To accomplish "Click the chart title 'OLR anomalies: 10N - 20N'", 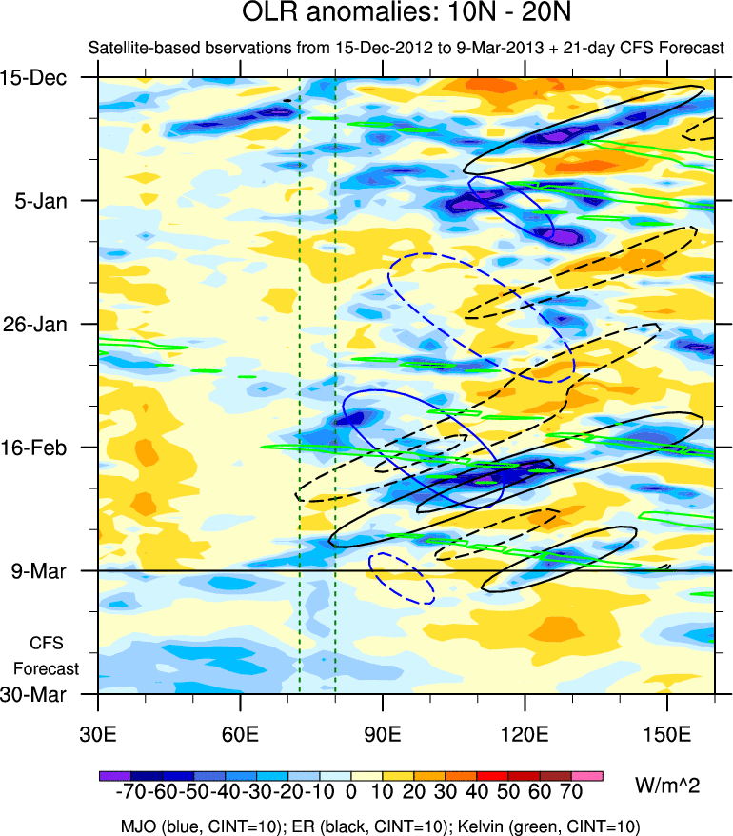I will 366,16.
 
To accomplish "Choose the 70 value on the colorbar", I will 571,793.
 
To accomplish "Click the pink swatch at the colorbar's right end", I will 587,776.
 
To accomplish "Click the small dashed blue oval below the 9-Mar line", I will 402,578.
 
